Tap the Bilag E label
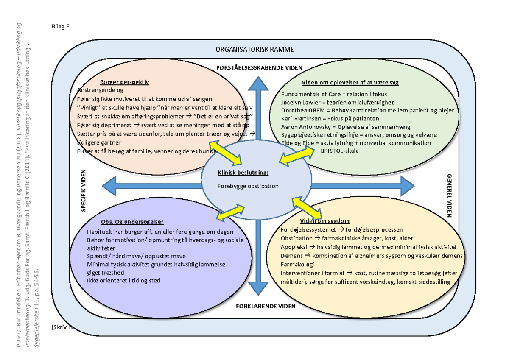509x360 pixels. [x=59, y=26]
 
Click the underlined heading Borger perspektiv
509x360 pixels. [x=125, y=82]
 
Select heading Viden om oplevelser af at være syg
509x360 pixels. [x=350, y=82]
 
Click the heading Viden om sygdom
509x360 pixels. [x=324, y=221]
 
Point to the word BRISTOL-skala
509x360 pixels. [x=339, y=151]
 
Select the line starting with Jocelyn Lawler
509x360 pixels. [x=338, y=102]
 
